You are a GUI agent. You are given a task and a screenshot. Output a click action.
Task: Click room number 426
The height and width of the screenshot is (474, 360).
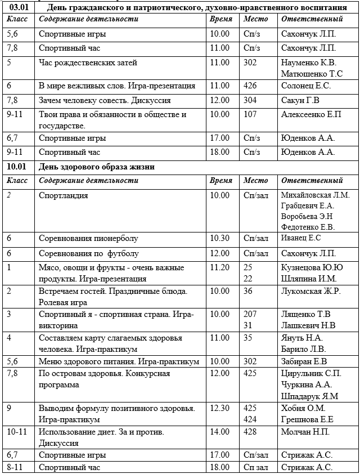(x=250, y=86)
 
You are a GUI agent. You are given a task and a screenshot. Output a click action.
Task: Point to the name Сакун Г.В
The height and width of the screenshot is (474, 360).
(x=300, y=101)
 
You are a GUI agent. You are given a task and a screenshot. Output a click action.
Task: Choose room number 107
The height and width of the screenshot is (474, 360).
(x=250, y=115)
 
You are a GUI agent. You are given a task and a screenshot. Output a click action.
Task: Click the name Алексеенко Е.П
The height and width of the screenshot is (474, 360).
(x=310, y=115)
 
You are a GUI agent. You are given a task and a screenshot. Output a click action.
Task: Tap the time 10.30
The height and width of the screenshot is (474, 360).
(x=219, y=239)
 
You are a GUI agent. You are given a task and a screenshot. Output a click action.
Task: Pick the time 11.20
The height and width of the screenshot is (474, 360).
(x=219, y=267)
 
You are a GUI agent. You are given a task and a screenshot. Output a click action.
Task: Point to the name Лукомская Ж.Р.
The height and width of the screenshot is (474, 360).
(x=310, y=292)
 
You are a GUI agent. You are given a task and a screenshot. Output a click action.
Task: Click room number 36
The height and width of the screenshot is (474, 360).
(x=248, y=292)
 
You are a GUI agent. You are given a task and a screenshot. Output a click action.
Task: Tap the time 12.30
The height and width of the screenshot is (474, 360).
(x=219, y=408)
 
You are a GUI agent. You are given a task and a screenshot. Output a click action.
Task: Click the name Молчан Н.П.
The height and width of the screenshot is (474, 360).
(x=305, y=432)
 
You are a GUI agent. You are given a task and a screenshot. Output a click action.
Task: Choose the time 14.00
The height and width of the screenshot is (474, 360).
(x=219, y=432)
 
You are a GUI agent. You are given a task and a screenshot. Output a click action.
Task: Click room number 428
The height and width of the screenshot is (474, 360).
(x=250, y=432)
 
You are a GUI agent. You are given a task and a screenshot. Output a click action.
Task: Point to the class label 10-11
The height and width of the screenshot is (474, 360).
(x=17, y=432)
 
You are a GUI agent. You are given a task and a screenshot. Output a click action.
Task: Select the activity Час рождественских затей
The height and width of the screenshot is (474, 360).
(x=88, y=62)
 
